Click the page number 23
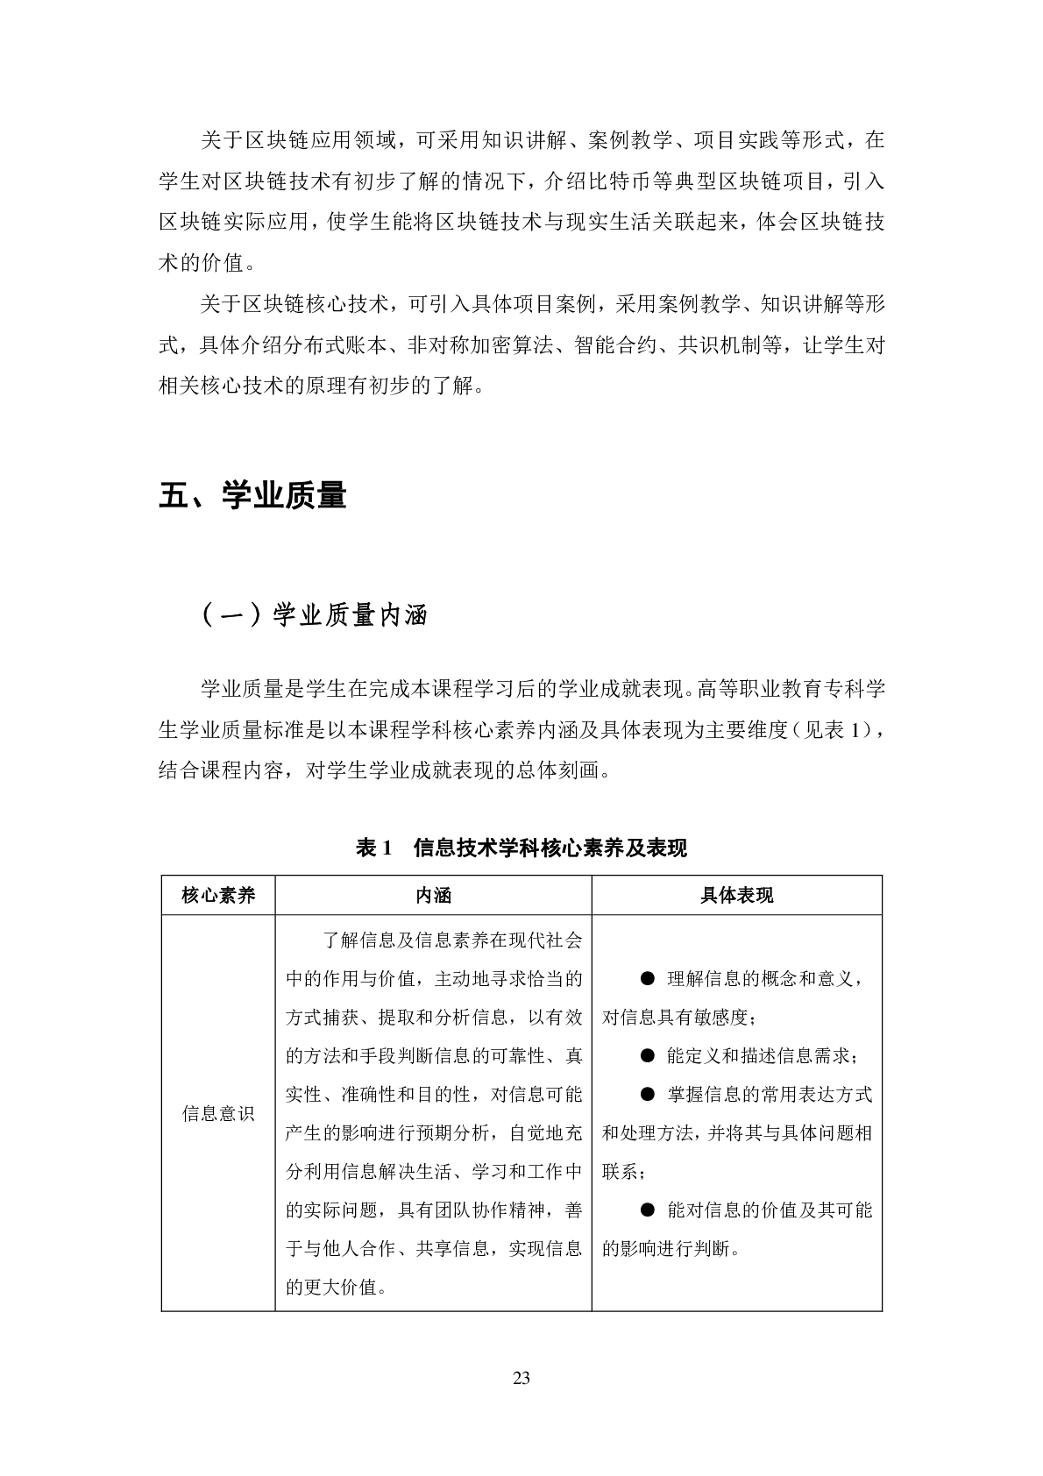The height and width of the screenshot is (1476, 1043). pos(521,1378)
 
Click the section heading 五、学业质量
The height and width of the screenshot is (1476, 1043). pos(252,496)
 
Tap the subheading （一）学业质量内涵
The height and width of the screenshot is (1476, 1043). pos(314,615)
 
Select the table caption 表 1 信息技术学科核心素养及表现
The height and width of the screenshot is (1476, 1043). pos(521,848)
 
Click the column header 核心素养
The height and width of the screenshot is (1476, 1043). pos(218,895)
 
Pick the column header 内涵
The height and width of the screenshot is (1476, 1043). pos(433,895)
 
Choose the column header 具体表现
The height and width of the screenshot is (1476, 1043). pos(736,895)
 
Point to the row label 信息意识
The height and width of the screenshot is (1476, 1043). pos(218,1113)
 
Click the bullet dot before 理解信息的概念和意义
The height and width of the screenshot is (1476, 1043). pos(648,978)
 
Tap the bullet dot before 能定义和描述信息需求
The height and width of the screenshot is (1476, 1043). pos(648,1055)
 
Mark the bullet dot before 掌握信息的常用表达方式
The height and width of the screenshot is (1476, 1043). pos(648,1094)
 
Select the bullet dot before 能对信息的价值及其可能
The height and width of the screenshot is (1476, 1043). pos(648,1210)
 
